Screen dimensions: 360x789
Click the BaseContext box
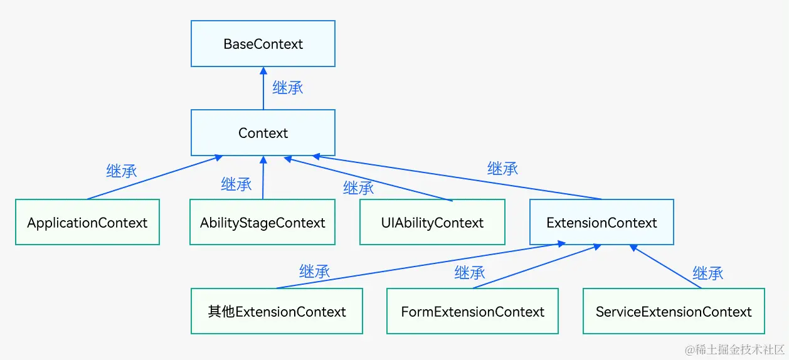[263, 44]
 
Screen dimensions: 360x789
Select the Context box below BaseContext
[263, 133]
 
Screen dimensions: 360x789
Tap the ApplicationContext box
[87, 223]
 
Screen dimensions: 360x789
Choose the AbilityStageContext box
[263, 223]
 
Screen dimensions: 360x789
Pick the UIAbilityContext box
[432, 223]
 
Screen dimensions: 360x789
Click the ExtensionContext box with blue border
[601, 223]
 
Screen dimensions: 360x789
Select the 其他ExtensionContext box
[277, 312]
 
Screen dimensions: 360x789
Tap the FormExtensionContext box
[472, 312]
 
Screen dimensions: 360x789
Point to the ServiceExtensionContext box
[674, 312]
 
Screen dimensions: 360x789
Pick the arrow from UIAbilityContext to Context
[370, 179]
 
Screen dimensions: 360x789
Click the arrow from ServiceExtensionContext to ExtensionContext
[666, 267]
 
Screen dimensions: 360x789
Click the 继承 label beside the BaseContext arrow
[288, 88]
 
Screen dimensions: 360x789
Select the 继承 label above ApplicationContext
[122, 171]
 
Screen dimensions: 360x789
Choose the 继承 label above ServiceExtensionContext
[707, 273]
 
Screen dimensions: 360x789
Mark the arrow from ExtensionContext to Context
[458, 177]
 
